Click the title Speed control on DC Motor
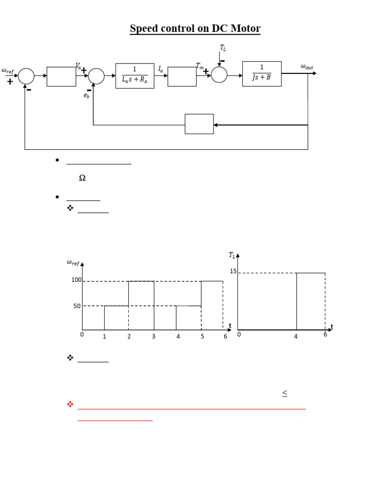(x=195, y=29)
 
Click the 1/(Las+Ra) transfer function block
(x=135, y=76)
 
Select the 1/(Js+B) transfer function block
(x=262, y=74)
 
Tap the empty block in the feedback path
(x=199, y=124)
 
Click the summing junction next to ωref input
(x=26, y=76)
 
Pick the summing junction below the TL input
(x=219, y=75)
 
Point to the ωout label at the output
(x=307, y=67)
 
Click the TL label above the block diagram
(x=223, y=48)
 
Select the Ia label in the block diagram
(x=161, y=70)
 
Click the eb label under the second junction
(x=86, y=96)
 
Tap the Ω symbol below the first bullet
(x=82, y=179)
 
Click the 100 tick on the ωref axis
(x=76, y=280)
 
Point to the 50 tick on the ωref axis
(x=77, y=306)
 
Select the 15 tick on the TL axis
(x=233, y=271)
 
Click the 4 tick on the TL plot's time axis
(x=296, y=336)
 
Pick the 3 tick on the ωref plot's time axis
(x=153, y=337)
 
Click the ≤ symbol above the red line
(x=284, y=393)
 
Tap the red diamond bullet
(x=70, y=404)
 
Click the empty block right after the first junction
(x=61, y=76)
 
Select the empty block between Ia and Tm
(x=182, y=76)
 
